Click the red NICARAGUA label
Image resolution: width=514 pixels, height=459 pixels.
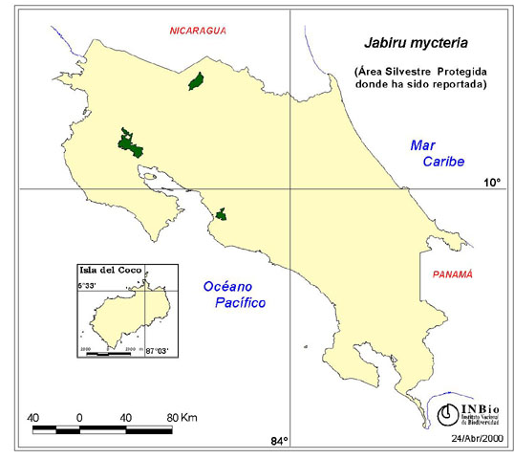point(198,31)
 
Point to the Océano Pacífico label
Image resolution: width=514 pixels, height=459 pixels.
point(232,294)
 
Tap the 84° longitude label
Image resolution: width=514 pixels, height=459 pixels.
point(278,440)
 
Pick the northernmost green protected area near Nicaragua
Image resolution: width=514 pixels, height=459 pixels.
point(198,81)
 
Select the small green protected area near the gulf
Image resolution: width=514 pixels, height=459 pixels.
point(221,214)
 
